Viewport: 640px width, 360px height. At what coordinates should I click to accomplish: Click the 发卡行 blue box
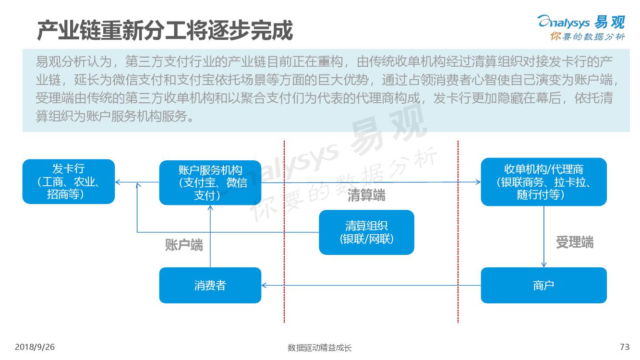69,181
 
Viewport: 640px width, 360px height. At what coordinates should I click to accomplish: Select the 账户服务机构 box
210,182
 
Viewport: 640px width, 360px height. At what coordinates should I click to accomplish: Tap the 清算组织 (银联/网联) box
366,232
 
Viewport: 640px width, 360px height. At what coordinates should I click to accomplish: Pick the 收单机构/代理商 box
543,182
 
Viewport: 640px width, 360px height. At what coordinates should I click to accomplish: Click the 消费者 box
210,285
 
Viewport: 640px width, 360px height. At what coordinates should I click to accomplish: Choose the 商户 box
543,285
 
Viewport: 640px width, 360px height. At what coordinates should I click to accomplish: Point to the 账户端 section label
184,245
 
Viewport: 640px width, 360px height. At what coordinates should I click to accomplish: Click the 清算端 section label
366,195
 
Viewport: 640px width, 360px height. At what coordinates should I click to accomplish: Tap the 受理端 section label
575,242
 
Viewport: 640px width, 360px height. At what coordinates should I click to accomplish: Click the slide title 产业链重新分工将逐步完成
165,30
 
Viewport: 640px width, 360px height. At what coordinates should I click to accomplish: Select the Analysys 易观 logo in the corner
581,28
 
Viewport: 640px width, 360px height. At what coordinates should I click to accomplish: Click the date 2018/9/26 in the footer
35,347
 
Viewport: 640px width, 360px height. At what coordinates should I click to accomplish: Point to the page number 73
625,347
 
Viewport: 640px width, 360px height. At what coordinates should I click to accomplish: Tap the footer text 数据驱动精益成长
319,348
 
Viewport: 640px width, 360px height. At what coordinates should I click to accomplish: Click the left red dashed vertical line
284,232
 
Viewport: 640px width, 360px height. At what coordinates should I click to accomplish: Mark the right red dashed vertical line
458,232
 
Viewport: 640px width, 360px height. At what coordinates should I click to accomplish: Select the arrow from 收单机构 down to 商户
543,237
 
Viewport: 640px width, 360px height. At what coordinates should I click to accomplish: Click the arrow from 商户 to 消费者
371,285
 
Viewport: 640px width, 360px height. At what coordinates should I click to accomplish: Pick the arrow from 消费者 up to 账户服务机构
210,236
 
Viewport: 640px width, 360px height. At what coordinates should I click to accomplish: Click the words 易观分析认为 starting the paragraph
73,61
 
